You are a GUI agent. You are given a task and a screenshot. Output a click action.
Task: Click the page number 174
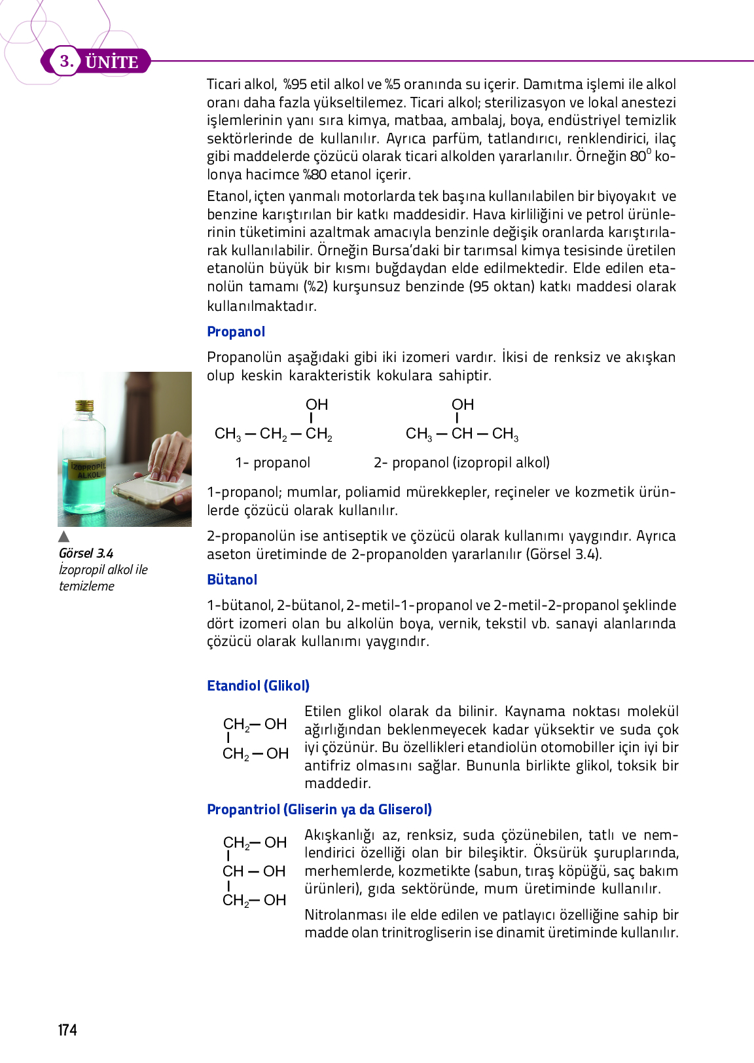click(x=67, y=1030)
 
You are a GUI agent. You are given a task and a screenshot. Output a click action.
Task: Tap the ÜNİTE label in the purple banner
click(x=112, y=62)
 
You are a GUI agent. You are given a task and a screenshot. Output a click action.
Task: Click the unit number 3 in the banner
click(x=65, y=62)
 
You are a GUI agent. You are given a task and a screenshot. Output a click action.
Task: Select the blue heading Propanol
click(x=236, y=332)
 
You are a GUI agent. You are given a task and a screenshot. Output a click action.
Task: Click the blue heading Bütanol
click(x=232, y=580)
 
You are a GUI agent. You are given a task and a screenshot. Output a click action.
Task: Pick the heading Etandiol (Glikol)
click(x=258, y=686)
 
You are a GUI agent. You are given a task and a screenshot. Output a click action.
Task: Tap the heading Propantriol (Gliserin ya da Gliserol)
click(x=319, y=810)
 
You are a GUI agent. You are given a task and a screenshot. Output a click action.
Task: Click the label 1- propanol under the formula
click(x=272, y=463)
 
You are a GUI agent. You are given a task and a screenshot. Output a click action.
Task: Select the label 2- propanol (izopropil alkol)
click(x=461, y=463)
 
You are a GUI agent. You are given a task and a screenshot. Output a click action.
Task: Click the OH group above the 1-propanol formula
click(x=317, y=405)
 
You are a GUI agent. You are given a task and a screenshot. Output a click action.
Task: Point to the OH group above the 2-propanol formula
click(x=463, y=405)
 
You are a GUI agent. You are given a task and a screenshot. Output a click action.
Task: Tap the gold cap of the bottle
click(x=84, y=406)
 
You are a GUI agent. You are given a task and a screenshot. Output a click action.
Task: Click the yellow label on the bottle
click(x=87, y=470)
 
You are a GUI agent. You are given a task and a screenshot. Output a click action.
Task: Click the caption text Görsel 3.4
click(x=86, y=554)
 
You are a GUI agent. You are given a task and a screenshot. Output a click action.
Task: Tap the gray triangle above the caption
click(x=63, y=537)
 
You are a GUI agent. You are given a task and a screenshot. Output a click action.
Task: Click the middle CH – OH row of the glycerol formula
click(x=254, y=872)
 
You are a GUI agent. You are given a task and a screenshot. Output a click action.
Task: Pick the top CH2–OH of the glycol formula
click(x=255, y=725)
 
